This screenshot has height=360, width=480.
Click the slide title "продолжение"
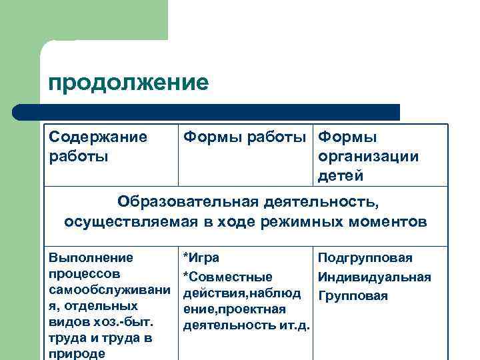(128, 83)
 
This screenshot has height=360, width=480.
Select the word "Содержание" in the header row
(98, 137)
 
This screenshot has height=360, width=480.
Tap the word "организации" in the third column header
(368, 157)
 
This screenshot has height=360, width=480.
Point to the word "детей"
(341, 176)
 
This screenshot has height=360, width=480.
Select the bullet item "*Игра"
(201, 258)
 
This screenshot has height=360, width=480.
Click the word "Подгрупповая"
(365, 258)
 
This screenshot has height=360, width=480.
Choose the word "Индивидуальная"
(374, 277)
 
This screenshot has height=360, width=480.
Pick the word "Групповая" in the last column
(353, 295)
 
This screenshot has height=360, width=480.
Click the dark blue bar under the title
(207, 111)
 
